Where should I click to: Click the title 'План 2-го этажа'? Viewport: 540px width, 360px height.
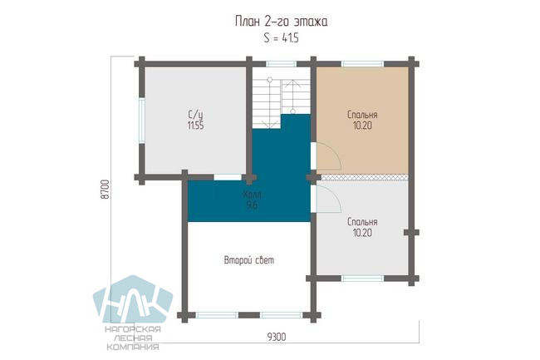tap(281, 22)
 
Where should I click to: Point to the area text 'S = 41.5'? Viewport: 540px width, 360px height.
tap(281, 38)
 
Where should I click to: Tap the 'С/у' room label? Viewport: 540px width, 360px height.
tap(195, 114)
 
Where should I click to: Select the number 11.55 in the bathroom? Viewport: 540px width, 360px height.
tap(195, 125)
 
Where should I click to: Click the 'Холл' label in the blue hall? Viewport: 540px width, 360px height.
tap(252, 195)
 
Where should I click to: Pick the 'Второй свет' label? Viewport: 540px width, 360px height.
tap(249, 260)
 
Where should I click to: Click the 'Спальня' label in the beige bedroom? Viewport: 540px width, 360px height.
tap(362, 115)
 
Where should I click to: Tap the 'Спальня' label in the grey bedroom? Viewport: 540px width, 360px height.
tap(362, 222)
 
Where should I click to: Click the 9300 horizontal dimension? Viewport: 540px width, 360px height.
tap(277, 337)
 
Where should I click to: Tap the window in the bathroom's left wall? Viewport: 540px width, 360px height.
tap(141, 120)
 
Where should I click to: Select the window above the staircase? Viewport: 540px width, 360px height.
tap(281, 64)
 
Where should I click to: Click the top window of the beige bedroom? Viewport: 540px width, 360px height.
tap(362, 64)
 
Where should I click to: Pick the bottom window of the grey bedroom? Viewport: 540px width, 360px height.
tap(362, 279)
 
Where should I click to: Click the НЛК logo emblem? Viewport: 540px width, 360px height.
tap(133, 299)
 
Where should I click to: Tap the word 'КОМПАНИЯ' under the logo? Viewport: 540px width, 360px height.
tap(133, 347)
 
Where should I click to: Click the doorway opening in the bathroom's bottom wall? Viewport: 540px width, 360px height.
tap(228, 177)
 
